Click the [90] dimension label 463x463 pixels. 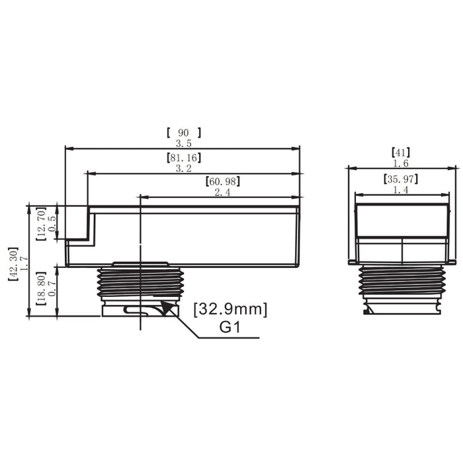[184, 132]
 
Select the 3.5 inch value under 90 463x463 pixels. [184, 143]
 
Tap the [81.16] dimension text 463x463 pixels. [184, 158]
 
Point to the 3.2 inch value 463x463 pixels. [184, 169]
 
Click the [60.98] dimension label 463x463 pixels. [222, 181]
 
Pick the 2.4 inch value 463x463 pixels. [222, 192]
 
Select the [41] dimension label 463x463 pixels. [401, 153]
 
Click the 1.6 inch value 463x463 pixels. [401, 163]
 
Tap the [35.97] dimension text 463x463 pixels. [401, 179]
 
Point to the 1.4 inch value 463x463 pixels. [401, 190]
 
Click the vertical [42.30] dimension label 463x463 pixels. [13, 260]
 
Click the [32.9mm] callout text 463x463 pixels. [230, 309]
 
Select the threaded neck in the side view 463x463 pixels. [138, 283]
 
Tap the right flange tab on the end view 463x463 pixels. [452, 263]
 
